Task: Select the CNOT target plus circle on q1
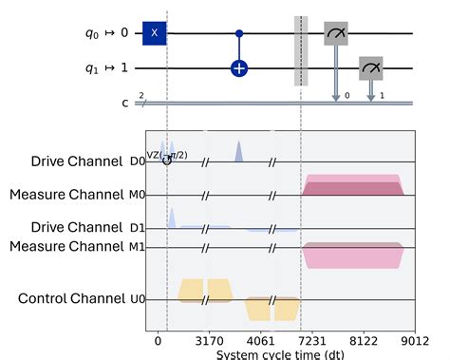click(239, 68)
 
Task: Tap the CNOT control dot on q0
click(239, 33)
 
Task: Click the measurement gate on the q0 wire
click(336, 34)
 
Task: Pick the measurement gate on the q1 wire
click(371, 68)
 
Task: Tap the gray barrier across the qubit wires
click(301, 50)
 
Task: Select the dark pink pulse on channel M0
click(353, 188)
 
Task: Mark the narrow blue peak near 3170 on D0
click(238, 151)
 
